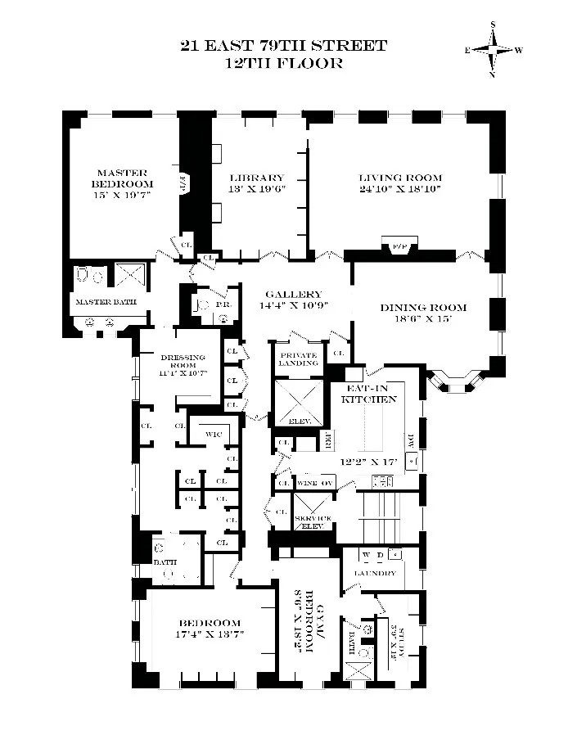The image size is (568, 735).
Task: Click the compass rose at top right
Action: tap(494, 50)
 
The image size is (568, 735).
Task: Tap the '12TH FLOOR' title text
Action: tap(284, 63)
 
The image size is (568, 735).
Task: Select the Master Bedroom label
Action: tap(122, 178)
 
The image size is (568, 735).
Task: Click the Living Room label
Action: tap(400, 178)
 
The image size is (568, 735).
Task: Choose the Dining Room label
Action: tap(423, 308)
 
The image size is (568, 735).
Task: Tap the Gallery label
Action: tap(292, 295)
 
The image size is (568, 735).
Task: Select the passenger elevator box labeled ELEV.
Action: tap(299, 402)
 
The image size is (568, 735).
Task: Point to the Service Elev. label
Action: tap(313, 522)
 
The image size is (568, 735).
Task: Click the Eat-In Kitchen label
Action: tap(370, 394)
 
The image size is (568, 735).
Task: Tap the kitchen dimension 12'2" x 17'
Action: tap(370, 462)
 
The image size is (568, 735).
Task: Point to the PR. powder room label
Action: tap(222, 304)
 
